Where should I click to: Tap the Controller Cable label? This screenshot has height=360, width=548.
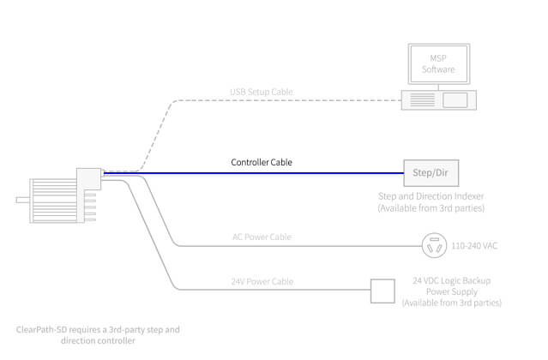pyautogui.click(x=267, y=162)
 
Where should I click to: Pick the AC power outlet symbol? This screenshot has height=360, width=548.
pyautogui.click(x=433, y=245)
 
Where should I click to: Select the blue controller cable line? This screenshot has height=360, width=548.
pyautogui.click(x=257, y=173)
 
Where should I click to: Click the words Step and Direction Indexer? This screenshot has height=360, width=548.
pyautogui.click(x=431, y=197)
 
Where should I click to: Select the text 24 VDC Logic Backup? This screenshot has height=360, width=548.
pyautogui.click(x=453, y=281)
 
